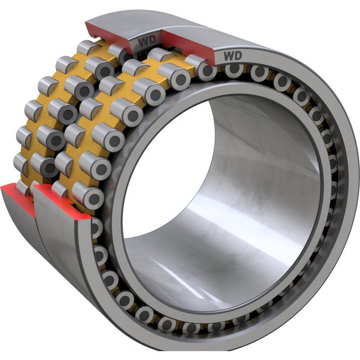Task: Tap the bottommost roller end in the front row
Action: coord(191,328)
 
